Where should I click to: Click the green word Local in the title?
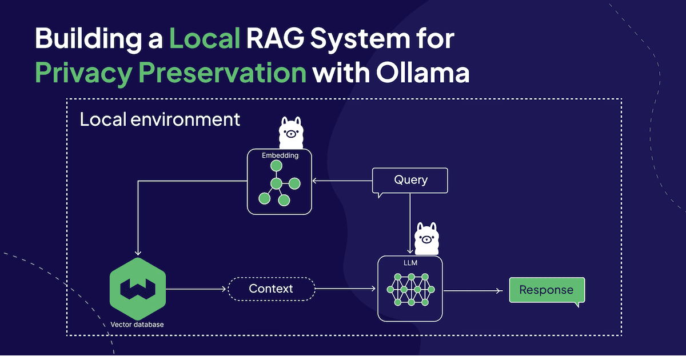tap(204, 39)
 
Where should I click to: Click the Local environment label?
tap(159, 120)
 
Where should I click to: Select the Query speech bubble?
tap(410, 180)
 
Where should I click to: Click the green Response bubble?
tap(546, 290)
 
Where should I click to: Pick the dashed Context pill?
tap(271, 289)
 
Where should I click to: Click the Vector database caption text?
tap(137, 325)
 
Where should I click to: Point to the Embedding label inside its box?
tap(280, 155)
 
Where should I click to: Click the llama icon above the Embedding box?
tap(291, 133)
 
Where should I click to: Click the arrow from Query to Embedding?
tap(342, 181)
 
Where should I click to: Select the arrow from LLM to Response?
tap(474, 290)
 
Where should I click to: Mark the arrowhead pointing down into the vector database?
tap(137, 252)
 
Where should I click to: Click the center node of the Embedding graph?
tap(277, 183)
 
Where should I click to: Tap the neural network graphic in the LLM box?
tap(410, 290)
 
